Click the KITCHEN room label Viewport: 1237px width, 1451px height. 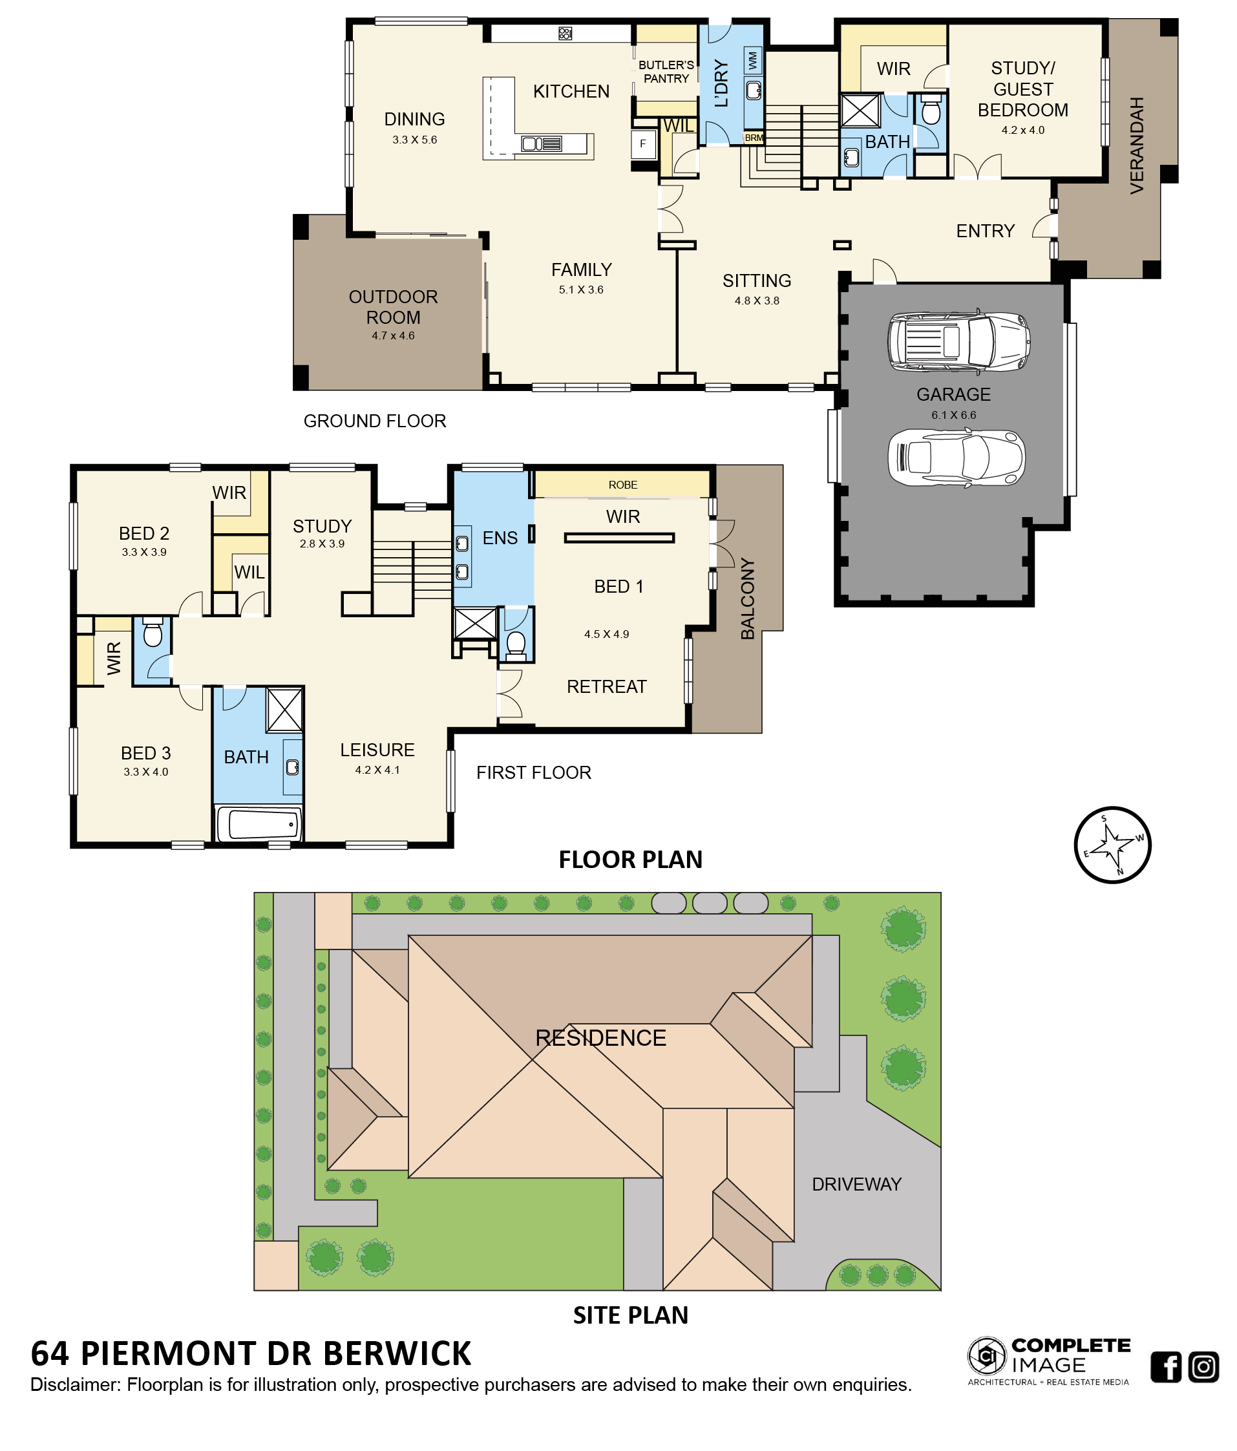(571, 92)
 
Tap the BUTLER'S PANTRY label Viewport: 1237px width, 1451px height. (666, 72)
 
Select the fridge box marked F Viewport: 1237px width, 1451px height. (642, 144)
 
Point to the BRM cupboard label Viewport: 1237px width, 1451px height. (754, 138)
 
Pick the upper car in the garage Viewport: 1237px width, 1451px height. (958, 341)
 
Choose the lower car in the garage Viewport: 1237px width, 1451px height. (957, 458)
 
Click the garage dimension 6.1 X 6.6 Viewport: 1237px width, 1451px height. (953, 414)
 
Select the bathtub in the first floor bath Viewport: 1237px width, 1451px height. (259, 823)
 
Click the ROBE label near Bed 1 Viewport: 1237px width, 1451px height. (622, 485)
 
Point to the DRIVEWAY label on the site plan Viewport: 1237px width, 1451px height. (856, 1183)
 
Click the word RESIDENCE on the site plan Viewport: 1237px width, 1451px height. (600, 1037)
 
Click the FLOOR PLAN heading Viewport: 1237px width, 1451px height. (630, 859)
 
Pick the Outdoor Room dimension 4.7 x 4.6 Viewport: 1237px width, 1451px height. (393, 335)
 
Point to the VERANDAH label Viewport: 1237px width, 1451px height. (1136, 145)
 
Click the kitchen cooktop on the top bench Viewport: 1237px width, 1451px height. (564, 33)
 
